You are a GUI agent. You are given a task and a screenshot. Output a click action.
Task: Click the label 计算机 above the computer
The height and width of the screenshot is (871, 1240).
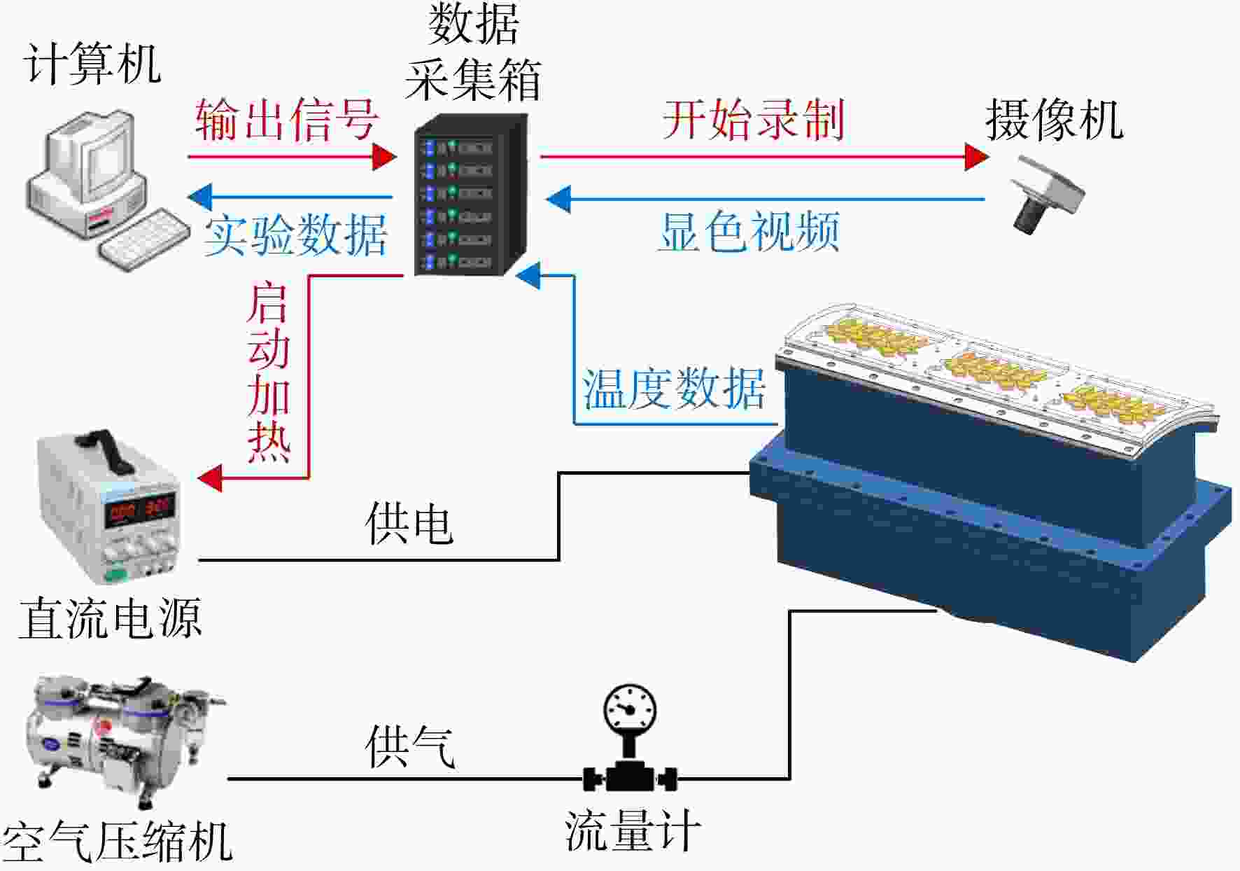(x=92, y=64)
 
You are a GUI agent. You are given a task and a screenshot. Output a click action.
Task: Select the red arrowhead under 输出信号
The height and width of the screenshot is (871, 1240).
(x=384, y=157)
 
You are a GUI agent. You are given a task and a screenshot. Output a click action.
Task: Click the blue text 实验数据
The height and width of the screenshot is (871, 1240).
(x=295, y=235)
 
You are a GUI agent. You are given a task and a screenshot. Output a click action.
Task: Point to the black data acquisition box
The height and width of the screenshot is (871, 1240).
(x=470, y=195)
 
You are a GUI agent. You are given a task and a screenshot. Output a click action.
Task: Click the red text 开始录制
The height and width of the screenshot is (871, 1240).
(x=754, y=119)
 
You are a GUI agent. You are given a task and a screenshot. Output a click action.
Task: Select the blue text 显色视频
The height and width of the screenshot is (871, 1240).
(x=749, y=232)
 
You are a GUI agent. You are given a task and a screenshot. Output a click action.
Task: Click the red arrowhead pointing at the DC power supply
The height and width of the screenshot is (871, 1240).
(x=210, y=478)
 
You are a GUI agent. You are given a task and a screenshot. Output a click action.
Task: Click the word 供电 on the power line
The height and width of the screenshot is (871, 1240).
(x=409, y=523)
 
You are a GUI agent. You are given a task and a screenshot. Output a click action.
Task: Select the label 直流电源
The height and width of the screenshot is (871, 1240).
(x=111, y=618)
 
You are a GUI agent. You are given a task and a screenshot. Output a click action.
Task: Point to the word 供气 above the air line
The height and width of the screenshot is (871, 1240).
(x=410, y=746)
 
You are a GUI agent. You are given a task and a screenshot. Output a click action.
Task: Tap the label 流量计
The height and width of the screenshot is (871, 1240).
(x=633, y=830)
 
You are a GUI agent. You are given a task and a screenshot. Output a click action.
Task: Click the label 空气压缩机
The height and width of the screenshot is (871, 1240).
(x=118, y=841)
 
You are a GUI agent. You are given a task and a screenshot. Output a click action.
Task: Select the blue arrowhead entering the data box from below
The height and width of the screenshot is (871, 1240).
(x=528, y=276)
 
